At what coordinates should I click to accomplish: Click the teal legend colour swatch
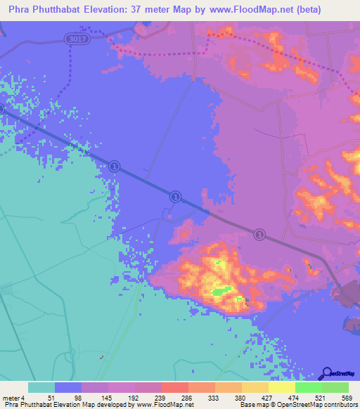[41, 387]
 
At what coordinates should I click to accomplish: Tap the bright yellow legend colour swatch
[281, 387]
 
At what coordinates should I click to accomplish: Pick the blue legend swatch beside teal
[67, 387]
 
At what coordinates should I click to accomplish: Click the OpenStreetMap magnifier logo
[326, 374]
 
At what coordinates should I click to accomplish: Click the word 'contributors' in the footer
[338, 405]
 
